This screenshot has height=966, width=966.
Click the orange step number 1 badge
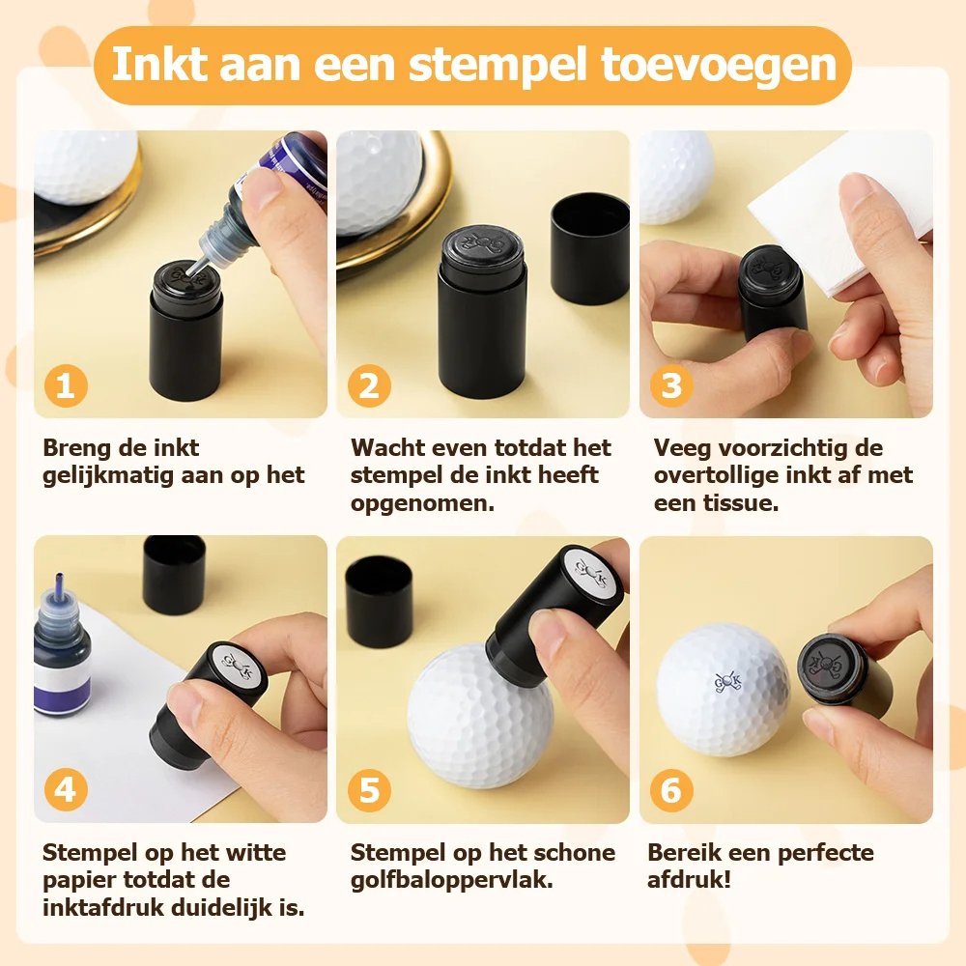(x=66, y=386)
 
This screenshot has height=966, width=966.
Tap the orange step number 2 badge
(x=369, y=386)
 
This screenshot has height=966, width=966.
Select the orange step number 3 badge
(x=671, y=386)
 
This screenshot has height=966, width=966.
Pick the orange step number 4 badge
(x=66, y=790)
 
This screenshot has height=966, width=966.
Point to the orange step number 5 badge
(x=369, y=790)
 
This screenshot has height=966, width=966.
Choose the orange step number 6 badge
(x=671, y=790)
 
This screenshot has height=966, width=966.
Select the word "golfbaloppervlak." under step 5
(x=451, y=880)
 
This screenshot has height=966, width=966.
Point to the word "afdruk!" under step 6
(x=689, y=880)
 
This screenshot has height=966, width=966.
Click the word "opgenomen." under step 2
(x=423, y=504)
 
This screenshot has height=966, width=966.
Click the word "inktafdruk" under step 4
(x=103, y=907)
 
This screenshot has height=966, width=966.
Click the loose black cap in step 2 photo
(x=589, y=248)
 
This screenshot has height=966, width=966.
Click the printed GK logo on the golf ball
(x=727, y=682)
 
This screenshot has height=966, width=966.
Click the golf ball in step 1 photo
(x=86, y=166)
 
